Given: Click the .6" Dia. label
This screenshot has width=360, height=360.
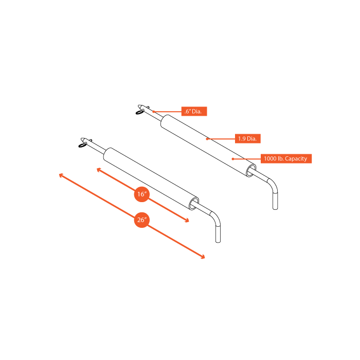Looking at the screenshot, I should click(194, 111).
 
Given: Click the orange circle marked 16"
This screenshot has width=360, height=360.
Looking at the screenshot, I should click(142, 194).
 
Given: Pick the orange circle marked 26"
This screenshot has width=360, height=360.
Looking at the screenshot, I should click(142, 220).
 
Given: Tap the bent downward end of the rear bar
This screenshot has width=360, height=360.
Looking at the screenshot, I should click(275, 198).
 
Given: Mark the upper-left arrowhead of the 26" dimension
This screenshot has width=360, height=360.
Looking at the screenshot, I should click(61, 175).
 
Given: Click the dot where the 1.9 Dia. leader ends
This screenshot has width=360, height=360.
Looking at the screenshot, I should click(208, 138).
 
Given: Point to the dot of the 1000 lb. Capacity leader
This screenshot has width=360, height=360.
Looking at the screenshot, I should click(233, 158).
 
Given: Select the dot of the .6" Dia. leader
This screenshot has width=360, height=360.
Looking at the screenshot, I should click(153, 111).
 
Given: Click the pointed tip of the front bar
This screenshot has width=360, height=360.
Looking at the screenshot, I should click(82, 138).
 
